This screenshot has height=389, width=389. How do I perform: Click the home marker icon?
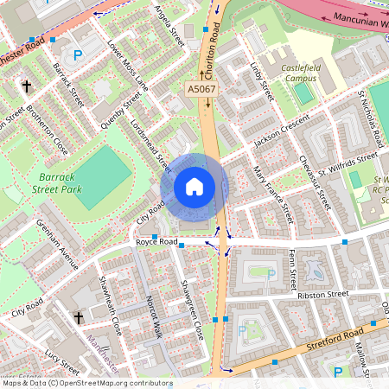click(194, 186)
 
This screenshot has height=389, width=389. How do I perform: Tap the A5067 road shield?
click(200, 89)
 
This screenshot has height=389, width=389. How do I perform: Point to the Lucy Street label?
click(62, 356)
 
